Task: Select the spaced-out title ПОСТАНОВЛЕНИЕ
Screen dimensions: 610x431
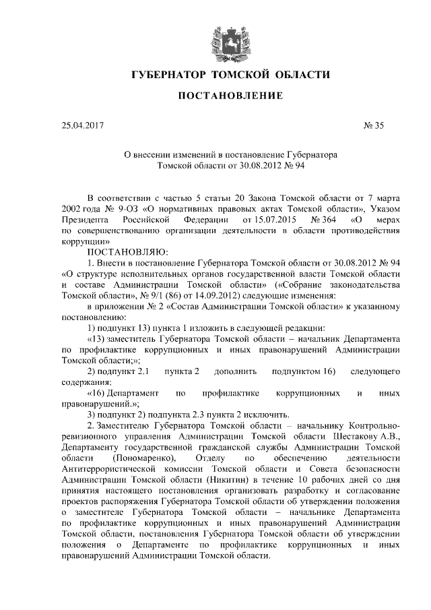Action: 220,97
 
